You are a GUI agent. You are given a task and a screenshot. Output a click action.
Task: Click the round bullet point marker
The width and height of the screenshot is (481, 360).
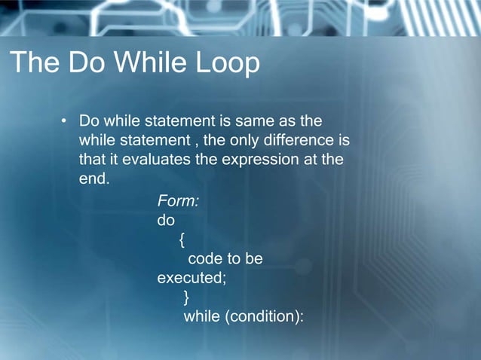pos(65,121)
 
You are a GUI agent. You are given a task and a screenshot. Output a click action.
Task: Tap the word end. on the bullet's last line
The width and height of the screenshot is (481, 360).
pos(94,180)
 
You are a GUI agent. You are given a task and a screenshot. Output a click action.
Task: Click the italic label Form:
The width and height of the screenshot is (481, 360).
pos(178,201)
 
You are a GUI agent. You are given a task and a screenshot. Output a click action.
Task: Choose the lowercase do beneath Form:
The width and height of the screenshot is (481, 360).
pos(165,221)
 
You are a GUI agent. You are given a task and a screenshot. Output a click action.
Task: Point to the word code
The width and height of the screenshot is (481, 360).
pos(205,259)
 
